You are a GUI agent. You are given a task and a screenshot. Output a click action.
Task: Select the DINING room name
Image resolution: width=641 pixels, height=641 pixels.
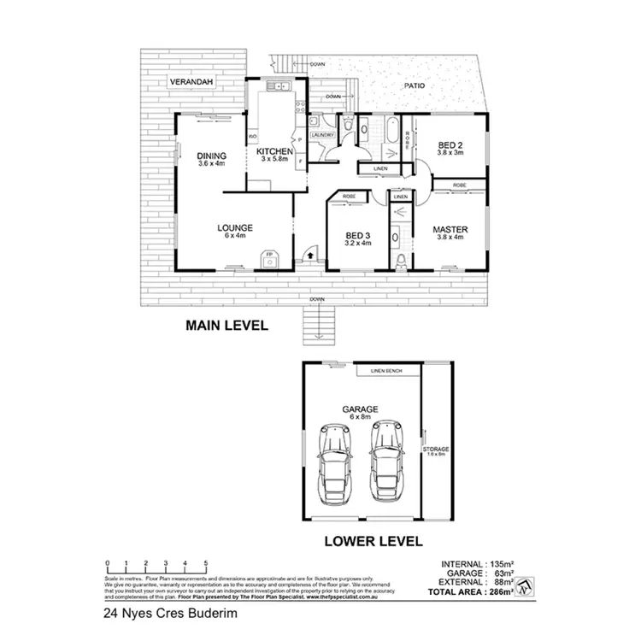pos(210,156)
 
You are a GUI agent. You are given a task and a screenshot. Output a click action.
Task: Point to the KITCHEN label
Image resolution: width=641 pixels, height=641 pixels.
pos(275,152)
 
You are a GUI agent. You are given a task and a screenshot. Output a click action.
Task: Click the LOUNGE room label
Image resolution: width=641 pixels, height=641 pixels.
pos(234,228)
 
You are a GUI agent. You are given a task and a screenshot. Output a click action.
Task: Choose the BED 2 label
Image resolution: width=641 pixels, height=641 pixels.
pos(450,145)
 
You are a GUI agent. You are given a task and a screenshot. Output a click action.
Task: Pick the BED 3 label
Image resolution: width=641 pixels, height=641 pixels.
pos(357,236)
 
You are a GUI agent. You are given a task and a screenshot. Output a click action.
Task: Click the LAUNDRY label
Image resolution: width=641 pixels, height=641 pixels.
pos(322,135)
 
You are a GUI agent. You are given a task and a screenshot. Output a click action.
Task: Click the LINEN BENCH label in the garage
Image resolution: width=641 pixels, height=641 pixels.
pos(388,372)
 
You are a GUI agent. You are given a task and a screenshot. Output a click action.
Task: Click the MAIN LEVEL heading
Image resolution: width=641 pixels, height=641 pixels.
pos(227,325)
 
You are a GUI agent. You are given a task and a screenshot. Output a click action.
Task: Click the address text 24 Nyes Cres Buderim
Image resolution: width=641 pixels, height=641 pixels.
pos(161,613)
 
